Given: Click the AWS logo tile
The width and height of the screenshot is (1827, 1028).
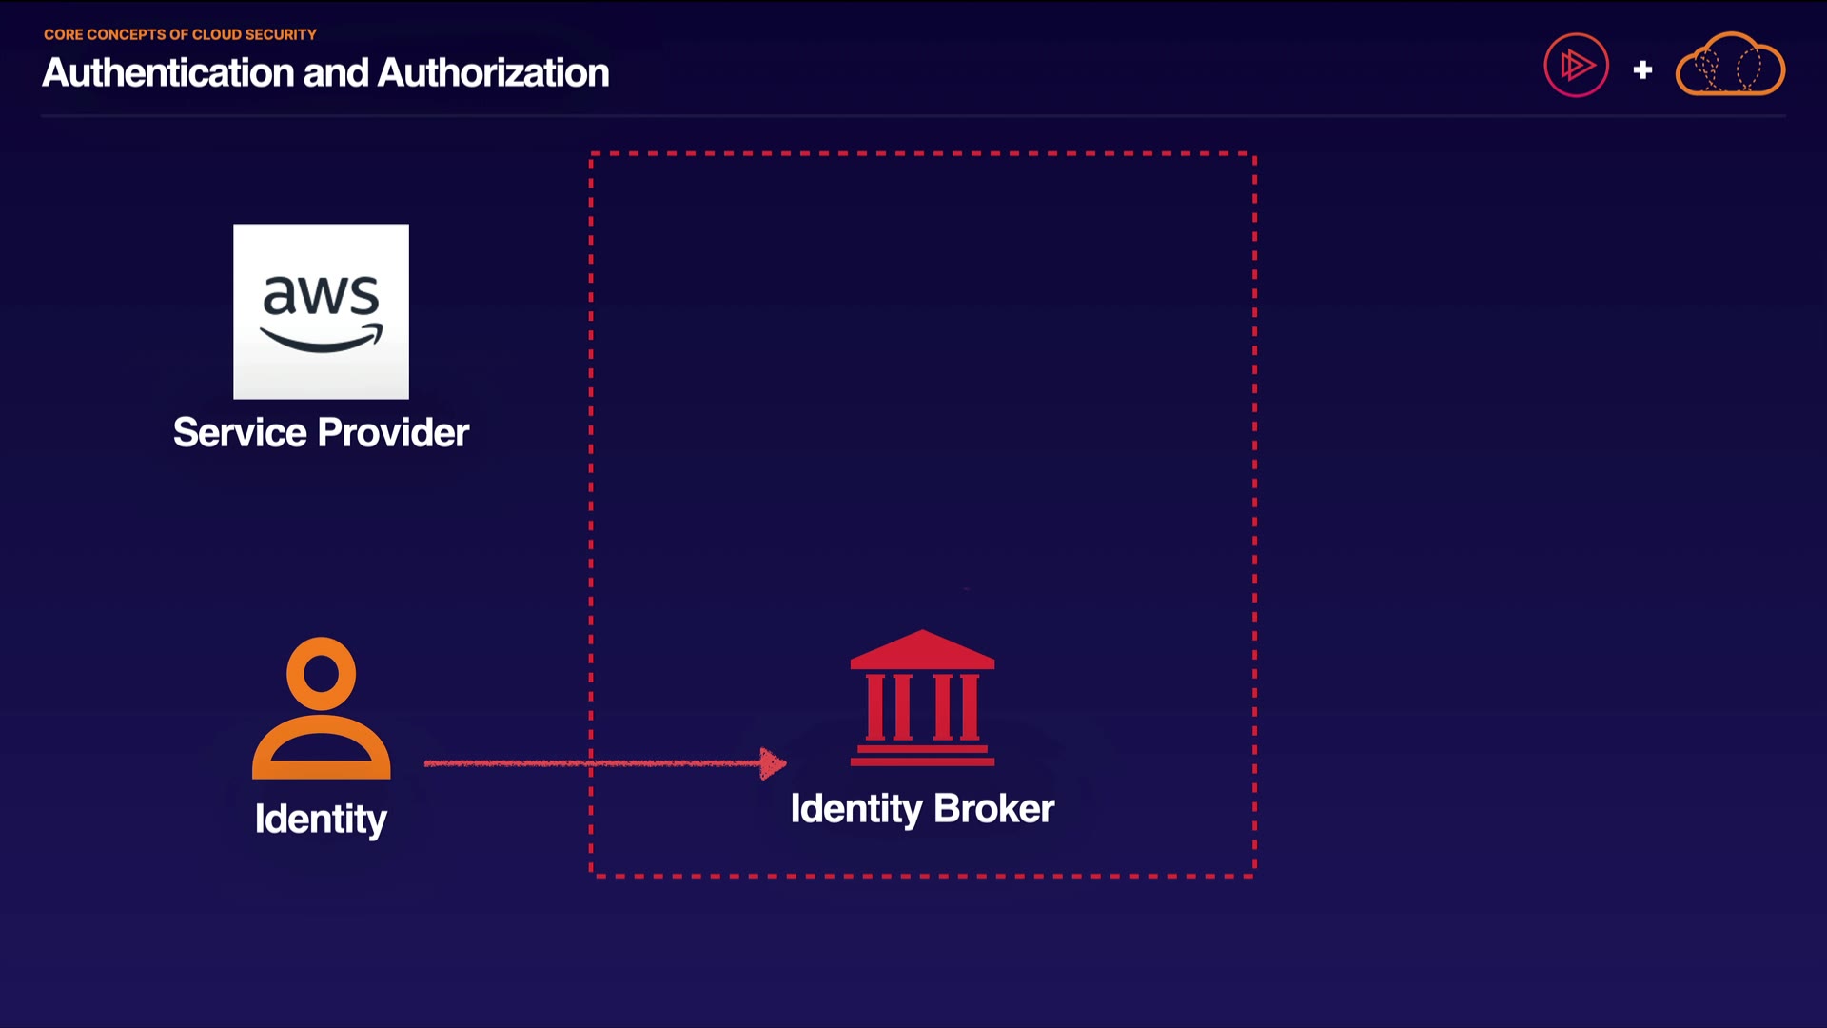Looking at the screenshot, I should (321, 311).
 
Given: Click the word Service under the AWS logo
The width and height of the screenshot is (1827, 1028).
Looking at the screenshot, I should (240, 433).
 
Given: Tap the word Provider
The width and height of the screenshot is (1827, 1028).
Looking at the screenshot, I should (393, 433).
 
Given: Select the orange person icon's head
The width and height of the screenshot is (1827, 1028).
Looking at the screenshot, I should (321, 673).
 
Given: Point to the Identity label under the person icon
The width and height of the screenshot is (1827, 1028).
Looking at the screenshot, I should (321, 820).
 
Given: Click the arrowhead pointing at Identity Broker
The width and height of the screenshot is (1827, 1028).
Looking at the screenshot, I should (773, 763).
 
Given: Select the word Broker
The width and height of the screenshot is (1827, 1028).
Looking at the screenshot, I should (993, 809).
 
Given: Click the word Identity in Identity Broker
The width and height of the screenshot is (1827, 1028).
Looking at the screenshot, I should (855, 809).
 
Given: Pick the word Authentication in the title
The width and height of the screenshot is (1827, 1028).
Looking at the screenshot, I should (168, 73).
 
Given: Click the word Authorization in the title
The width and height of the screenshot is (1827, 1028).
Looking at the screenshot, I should (493, 73).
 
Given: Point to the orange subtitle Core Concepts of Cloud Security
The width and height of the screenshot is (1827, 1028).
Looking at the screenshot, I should (180, 34).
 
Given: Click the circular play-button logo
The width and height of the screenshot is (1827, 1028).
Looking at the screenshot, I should (1576, 66).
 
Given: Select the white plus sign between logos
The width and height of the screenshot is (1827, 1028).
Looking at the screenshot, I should (1642, 69).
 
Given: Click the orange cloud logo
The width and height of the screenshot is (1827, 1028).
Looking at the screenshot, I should (1730, 65).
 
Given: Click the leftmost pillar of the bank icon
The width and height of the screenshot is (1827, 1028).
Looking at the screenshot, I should (875, 706).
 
